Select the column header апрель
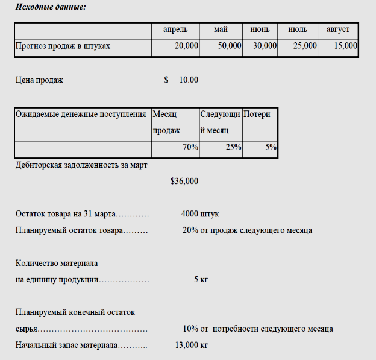click(x=175, y=29)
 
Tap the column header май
click(x=221, y=29)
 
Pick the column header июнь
click(x=260, y=29)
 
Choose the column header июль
click(x=298, y=29)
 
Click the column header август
click(x=338, y=29)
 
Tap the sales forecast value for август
click(x=345, y=46)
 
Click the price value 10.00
click(x=189, y=80)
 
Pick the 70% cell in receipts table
click(x=190, y=147)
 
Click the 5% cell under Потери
click(x=271, y=147)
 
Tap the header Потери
click(x=257, y=114)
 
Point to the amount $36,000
click(x=184, y=181)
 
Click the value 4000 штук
click(x=199, y=213)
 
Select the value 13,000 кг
click(x=191, y=345)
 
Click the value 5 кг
click(x=201, y=279)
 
